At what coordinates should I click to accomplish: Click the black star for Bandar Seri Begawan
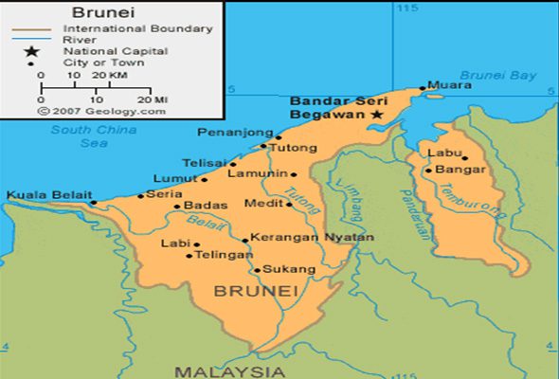tap(377, 114)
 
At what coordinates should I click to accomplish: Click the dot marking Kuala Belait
tap(93, 202)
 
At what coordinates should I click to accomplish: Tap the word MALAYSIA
tap(229, 370)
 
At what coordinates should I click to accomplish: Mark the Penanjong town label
tap(227, 133)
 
